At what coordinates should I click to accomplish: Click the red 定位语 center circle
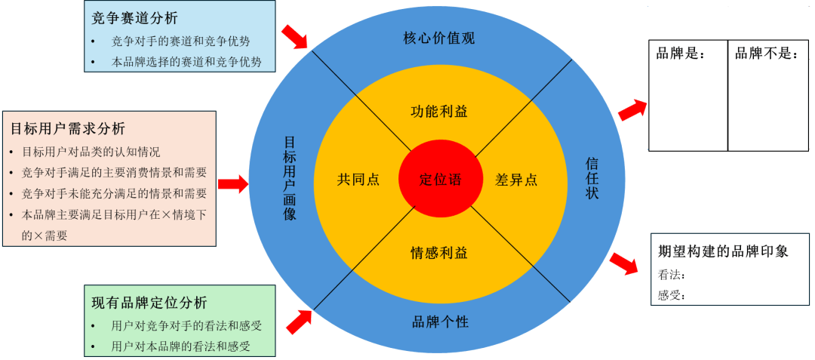(x=440, y=180)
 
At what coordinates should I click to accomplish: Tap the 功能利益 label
(x=439, y=112)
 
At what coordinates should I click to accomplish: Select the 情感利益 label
(x=439, y=252)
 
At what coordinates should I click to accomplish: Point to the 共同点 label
(x=358, y=180)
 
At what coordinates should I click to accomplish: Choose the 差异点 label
(x=516, y=180)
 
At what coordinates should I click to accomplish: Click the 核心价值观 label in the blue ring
(x=439, y=38)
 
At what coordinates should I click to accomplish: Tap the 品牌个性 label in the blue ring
(x=440, y=322)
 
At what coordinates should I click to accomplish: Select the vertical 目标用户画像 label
(x=290, y=178)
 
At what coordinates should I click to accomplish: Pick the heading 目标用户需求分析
(x=68, y=128)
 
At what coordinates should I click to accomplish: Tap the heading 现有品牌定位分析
(x=149, y=303)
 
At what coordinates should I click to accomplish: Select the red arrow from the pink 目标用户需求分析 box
(x=233, y=183)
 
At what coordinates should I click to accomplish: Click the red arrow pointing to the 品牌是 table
(x=632, y=109)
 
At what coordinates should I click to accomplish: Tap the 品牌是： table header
(x=680, y=54)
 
